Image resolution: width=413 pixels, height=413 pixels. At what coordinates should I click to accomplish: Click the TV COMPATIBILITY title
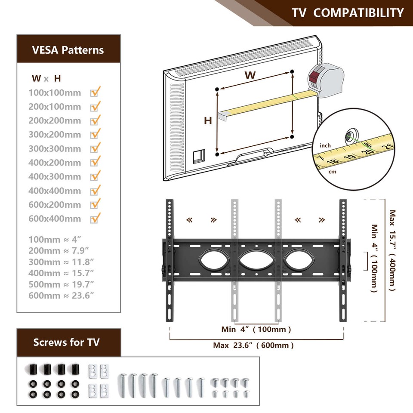pyautogui.click(x=348, y=12)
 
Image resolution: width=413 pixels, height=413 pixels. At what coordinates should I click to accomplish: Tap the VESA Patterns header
pyautogui.click(x=68, y=50)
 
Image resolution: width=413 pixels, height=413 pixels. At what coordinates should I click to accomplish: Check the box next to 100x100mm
pyautogui.click(x=95, y=92)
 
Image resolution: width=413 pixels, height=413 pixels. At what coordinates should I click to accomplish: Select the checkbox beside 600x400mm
pyautogui.click(x=95, y=218)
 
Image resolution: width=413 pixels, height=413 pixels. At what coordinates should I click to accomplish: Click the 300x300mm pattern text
pyautogui.click(x=55, y=149)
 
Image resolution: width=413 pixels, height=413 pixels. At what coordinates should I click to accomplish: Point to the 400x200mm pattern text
pyautogui.click(x=55, y=163)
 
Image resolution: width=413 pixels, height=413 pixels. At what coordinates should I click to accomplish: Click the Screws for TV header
pyautogui.click(x=67, y=342)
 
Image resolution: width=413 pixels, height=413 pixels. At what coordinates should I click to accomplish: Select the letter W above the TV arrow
pyautogui.click(x=250, y=75)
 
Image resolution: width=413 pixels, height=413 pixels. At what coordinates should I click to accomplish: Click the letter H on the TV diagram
pyautogui.click(x=208, y=121)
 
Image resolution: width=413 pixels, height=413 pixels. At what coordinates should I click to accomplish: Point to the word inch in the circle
pyautogui.click(x=325, y=146)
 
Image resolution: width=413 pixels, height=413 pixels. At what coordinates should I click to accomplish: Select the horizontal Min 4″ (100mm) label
pyautogui.click(x=256, y=330)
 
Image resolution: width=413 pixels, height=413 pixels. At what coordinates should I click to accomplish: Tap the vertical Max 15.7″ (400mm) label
pyautogui.click(x=392, y=250)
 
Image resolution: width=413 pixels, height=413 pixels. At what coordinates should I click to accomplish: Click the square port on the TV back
pyautogui.click(x=199, y=156)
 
